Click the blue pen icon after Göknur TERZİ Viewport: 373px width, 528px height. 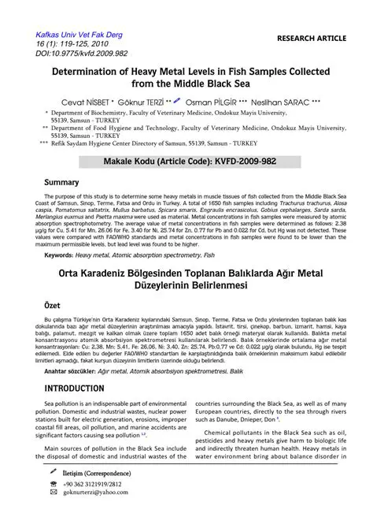(177, 101)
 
